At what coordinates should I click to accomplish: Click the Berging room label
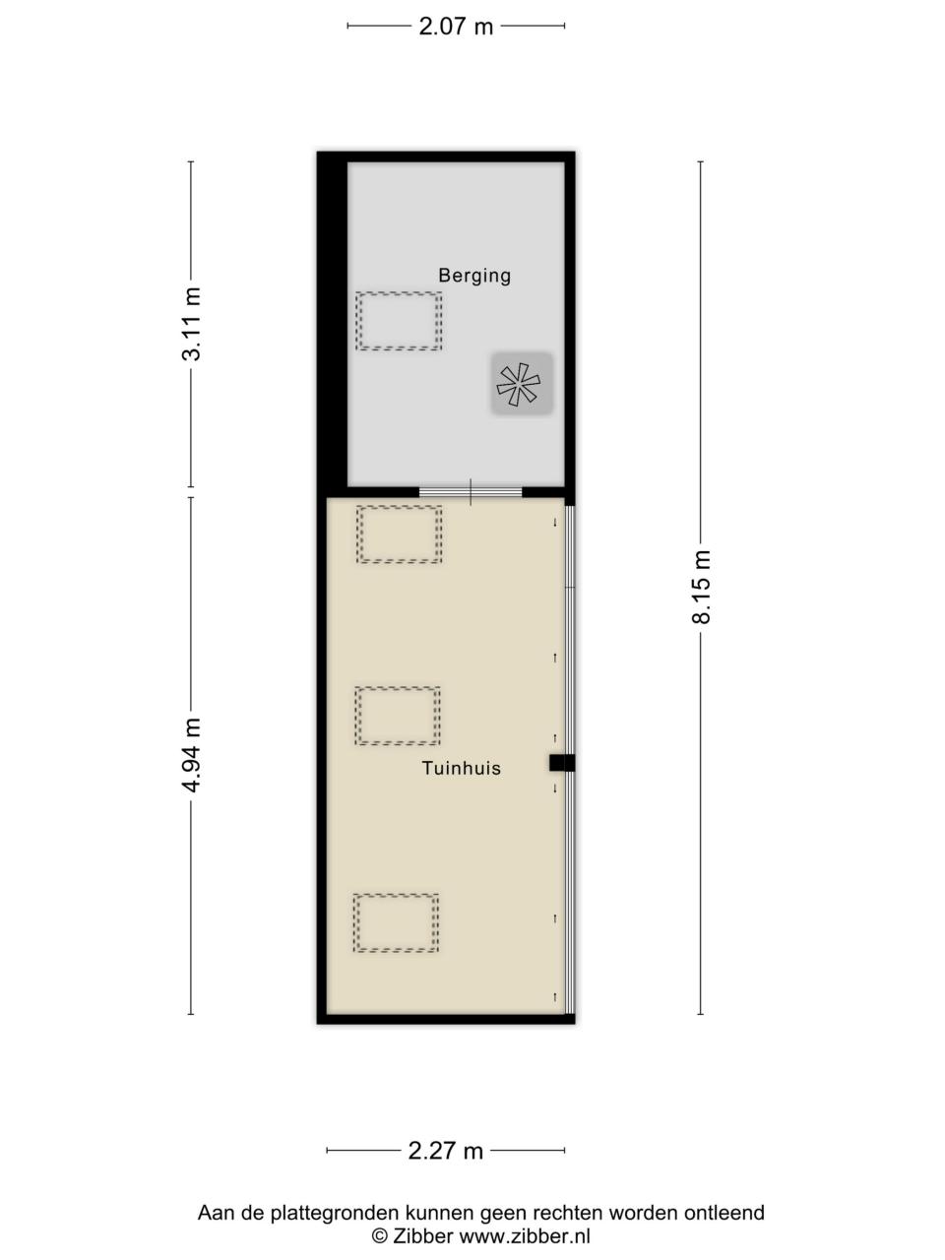coord(473,276)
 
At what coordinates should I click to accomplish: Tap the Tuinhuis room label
coord(462,768)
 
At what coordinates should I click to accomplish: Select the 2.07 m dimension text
coord(456,27)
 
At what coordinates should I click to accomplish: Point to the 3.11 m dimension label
coord(192,324)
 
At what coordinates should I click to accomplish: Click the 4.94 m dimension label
coord(192,755)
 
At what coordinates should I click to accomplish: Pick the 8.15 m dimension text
coord(701,587)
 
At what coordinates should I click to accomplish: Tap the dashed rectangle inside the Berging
coord(399,322)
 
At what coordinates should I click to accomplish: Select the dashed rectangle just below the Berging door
coord(399,535)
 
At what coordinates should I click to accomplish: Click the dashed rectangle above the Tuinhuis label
coord(398,716)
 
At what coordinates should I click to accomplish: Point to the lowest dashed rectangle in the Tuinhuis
coord(396,923)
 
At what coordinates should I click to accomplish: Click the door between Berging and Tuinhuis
coord(471,492)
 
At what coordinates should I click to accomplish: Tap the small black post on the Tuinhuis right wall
coord(562,763)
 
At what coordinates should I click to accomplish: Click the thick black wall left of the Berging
coord(333,324)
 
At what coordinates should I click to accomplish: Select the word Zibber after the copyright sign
coord(423,1236)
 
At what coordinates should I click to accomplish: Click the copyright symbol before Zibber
coord(379,1236)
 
